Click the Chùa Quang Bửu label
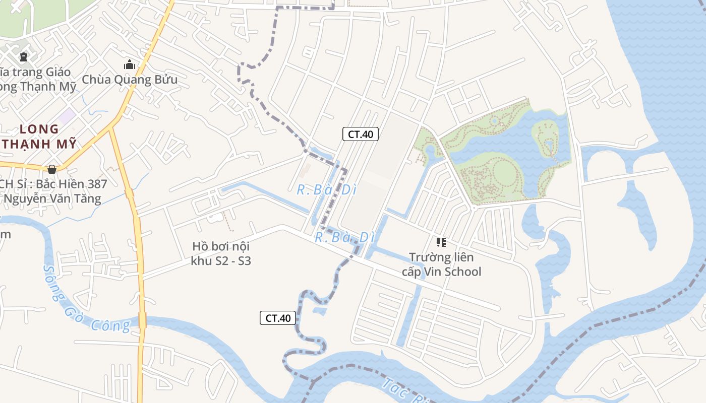(x=130, y=80)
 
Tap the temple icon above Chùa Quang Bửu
(x=130, y=64)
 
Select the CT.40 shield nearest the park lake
(x=361, y=134)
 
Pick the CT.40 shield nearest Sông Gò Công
(x=278, y=318)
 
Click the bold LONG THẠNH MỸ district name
(x=40, y=136)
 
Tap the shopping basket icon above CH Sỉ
(x=52, y=169)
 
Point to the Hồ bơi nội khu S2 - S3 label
(x=221, y=253)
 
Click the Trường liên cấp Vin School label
(x=441, y=264)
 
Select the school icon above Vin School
(x=441, y=242)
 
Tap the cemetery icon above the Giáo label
(x=23, y=57)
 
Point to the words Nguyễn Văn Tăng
(x=52, y=198)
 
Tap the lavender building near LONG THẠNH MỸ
(x=66, y=116)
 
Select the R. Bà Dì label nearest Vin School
(x=345, y=237)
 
